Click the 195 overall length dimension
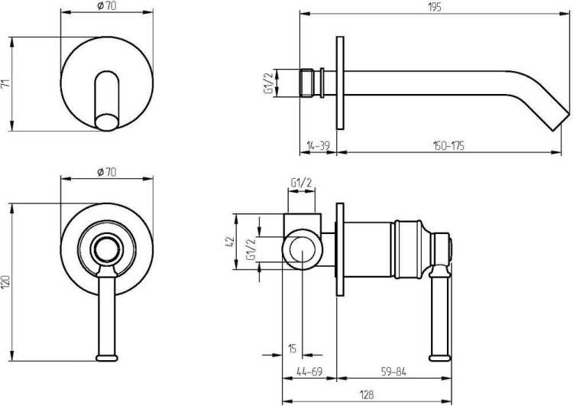435,7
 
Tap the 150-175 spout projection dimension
448,146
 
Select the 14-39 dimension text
318,146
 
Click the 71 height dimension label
5,83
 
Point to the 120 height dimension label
5,281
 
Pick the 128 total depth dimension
367,395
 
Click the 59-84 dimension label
393,372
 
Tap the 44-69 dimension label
309,372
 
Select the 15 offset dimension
292,349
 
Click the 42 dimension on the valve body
230,242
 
